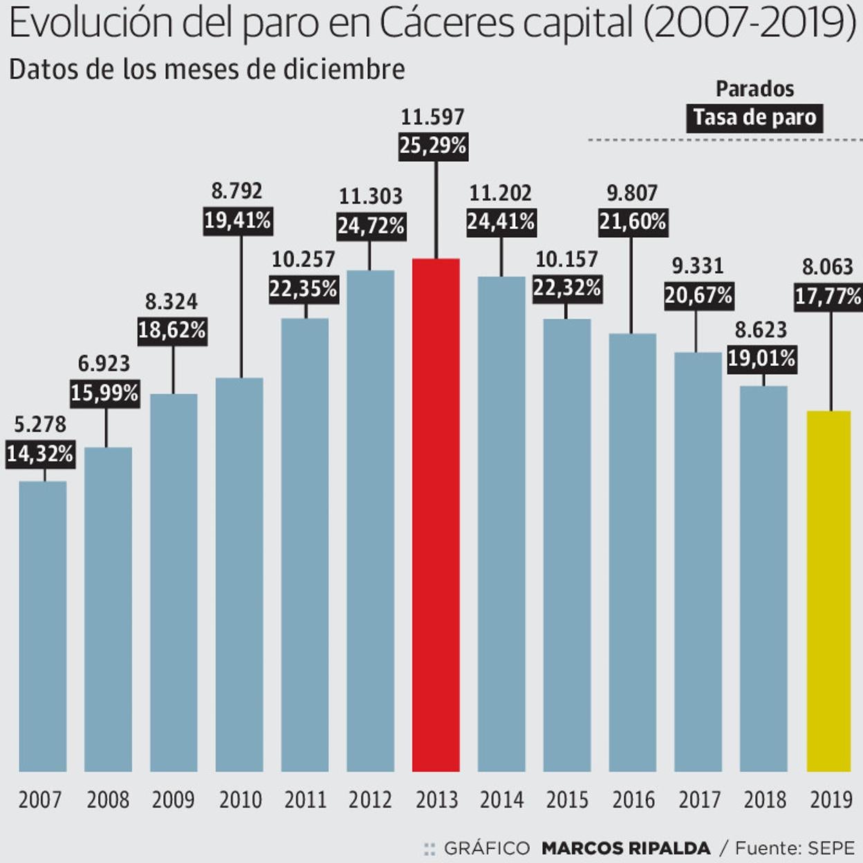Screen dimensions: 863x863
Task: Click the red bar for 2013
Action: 436,514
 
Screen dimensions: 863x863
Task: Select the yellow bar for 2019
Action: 828,591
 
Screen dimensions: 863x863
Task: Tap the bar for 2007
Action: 43,626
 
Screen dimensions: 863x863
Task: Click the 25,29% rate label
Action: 433,146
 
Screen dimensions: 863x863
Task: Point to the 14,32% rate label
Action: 40,454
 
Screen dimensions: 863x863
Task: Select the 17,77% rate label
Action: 828,297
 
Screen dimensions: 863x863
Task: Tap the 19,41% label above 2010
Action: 237,221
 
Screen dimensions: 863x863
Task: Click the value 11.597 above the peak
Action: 433,117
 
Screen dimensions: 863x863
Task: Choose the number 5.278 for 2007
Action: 40,424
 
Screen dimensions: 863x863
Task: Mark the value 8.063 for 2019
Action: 828,267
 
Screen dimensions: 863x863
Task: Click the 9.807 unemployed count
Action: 632,193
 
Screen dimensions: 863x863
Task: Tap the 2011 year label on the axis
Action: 305,800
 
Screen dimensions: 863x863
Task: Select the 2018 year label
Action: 765,800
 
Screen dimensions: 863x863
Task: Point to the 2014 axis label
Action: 501,800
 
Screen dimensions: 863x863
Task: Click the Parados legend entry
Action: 754,89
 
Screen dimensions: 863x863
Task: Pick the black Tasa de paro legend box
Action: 754,118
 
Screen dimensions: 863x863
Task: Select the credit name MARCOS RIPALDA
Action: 626,848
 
